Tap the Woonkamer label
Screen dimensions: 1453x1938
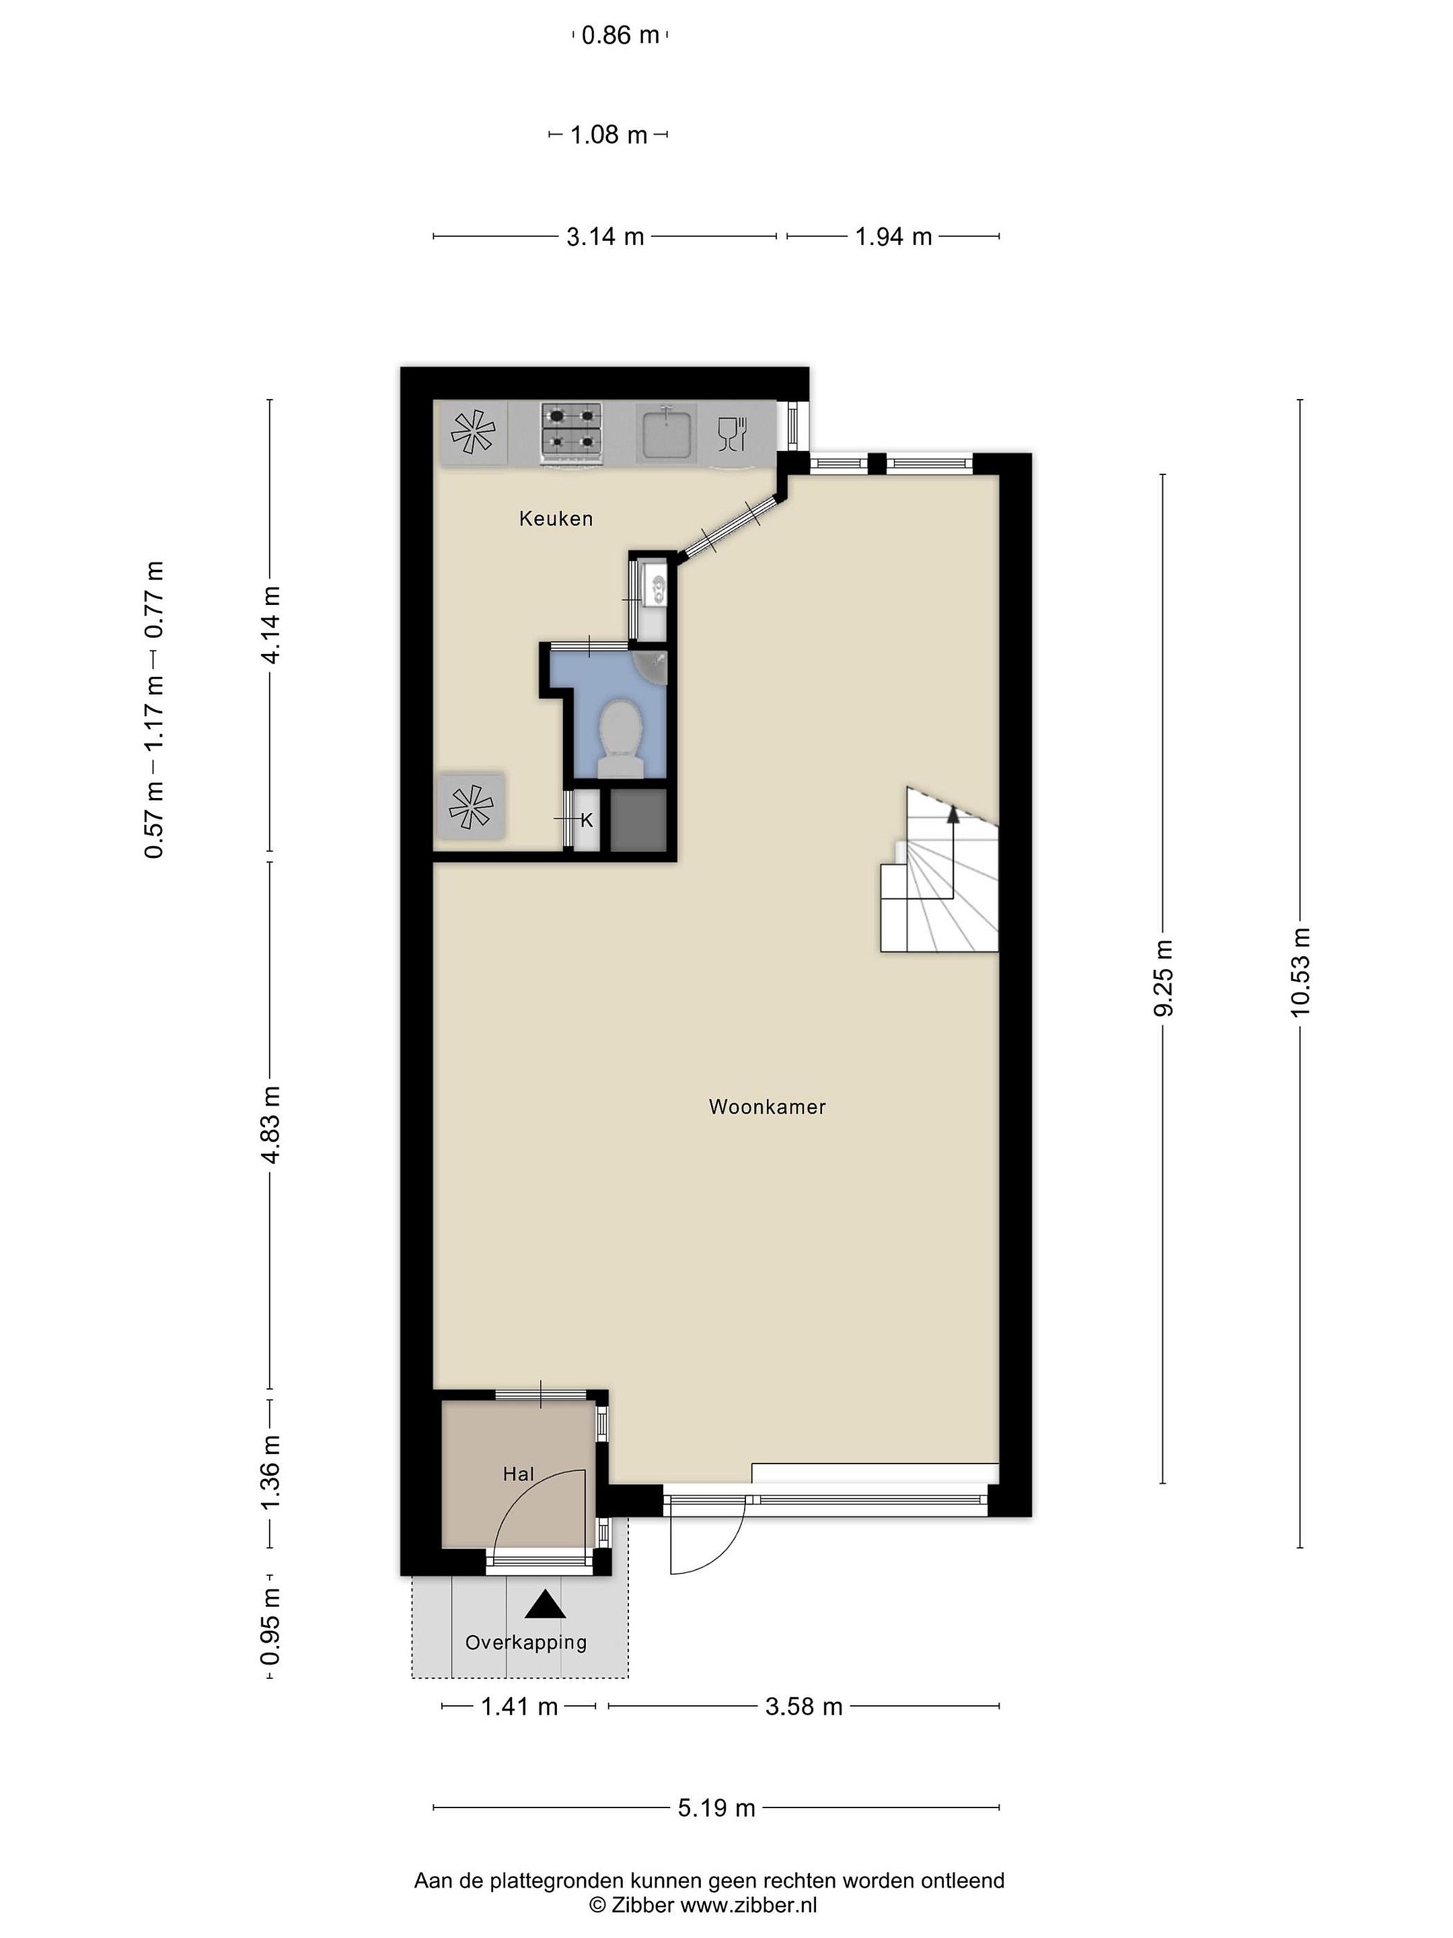[768, 1106]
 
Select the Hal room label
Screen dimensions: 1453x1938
[519, 1474]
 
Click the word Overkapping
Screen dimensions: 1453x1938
[525, 1643]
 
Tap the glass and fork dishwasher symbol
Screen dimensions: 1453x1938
[731, 433]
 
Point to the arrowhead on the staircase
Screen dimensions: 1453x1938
[953, 816]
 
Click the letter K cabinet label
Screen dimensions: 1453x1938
[587, 821]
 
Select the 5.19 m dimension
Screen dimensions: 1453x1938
[716, 1807]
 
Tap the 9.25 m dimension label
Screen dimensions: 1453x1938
[1163, 978]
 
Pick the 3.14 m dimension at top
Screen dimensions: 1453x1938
[605, 237]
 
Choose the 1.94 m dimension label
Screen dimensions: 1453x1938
[893, 237]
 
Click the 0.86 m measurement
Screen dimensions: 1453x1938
[620, 36]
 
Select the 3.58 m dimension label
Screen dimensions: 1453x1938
[804, 1706]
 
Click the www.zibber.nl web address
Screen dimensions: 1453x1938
[749, 1903]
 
